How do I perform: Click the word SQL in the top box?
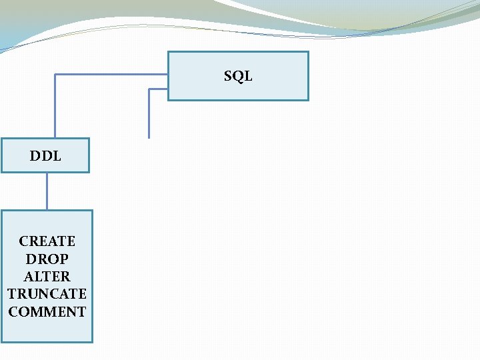tap(238, 76)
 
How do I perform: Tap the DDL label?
tap(45, 156)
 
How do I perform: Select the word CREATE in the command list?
tap(47, 241)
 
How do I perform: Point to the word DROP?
tap(47, 259)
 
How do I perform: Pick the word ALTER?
tap(47, 276)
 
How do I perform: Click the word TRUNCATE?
tap(47, 293)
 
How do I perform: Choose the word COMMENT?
tap(47, 311)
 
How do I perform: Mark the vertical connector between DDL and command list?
tap(47, 191)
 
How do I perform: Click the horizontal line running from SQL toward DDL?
tap(110, 74)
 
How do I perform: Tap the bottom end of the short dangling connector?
tap(149, 137)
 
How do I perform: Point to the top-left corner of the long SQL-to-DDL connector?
tap(55, 74)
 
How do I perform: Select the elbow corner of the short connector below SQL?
tap(149, 89)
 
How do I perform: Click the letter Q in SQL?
tap(238, 76)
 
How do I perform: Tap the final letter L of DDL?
tap(57, 156)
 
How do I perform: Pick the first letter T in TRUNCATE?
tap(12, 293)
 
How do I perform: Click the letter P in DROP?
tap(64, 259)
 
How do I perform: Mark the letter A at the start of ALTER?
tap(28, 276)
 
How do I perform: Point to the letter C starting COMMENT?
tap(13, 311)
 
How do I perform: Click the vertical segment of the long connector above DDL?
tap(55, 107)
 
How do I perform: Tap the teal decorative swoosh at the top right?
tap(373, 17)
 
